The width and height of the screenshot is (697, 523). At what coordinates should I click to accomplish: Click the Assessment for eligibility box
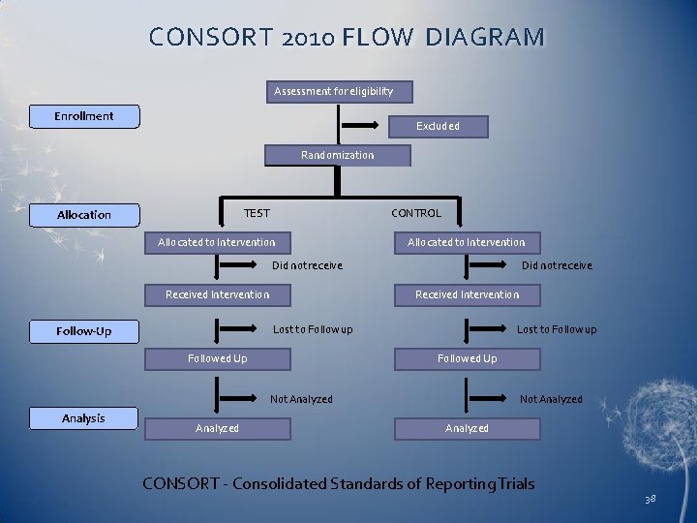click(x=339, y=91)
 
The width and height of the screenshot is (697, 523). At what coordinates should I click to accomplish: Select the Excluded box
click(x=438, y=126)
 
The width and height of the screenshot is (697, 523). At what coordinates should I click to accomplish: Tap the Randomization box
click(x=338, y=155)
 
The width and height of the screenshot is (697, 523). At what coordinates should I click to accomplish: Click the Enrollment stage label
click(x=84, y=116)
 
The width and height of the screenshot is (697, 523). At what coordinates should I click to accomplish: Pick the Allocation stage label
click(x=84, y=215)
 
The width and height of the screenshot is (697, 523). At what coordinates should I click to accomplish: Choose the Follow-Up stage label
click(x=84, y=331)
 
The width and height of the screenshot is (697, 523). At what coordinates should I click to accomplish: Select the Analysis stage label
click(x=83, y=418)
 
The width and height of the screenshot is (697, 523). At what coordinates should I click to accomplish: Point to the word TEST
click(x=257, y=213)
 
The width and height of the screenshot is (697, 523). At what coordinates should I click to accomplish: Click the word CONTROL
click(x=416, y=213)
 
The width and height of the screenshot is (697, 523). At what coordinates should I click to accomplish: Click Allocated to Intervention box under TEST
click(x=217, y=242)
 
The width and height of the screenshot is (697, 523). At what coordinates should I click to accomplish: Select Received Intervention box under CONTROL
click(x=467, y=294)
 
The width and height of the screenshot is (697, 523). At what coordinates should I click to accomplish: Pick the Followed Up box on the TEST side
click(x=217, y=358)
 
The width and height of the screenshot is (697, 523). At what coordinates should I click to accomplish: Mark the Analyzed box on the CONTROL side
click(x=467, y=428)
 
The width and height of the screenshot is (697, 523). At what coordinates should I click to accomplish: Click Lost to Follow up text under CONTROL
click(x=557, y=329)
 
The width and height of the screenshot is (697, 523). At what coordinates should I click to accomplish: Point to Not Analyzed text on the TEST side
click(x=301, y=399)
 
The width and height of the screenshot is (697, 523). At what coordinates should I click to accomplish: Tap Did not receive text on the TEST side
click(x=307, y=265)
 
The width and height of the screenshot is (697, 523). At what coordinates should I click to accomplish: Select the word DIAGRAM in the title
click(x=485, y=38)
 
